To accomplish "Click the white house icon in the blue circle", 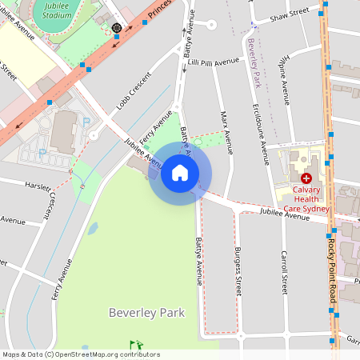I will coord(180,173).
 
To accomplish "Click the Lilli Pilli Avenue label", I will coord(214,61).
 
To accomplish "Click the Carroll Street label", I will coord(283,272).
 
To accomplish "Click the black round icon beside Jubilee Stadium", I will coord(117,28).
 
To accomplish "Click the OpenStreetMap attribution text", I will coord(80,354).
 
